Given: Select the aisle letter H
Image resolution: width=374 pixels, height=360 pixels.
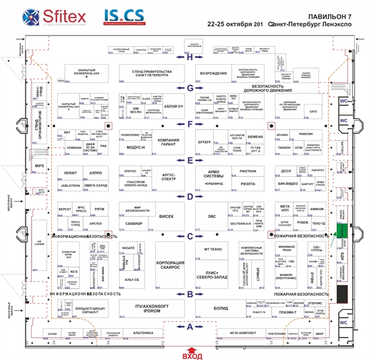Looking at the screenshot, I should click(x=190, y=57).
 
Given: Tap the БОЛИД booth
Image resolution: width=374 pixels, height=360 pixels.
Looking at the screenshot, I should click(x=221, y=308).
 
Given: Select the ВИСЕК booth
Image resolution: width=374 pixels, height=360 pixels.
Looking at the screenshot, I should click(x=167, y=217).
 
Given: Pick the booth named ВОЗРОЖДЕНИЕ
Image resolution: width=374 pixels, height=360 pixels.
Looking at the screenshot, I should click(x=214, y=72).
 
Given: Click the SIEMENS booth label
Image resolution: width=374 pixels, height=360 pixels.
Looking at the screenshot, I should click(x=256, y=136).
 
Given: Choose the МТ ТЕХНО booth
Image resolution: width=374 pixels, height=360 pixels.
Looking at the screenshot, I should click(x=213, y=249).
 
